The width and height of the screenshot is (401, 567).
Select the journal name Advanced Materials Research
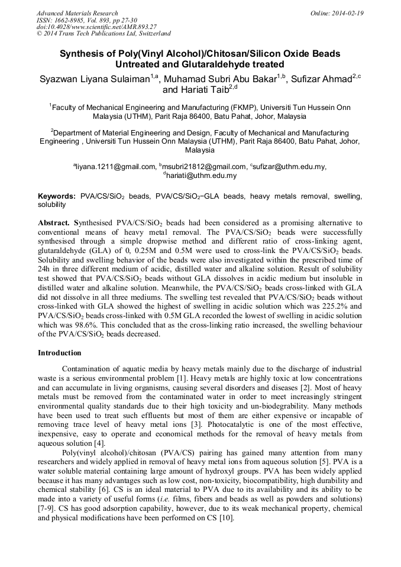(77, 13)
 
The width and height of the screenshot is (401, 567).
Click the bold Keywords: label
(57, 196)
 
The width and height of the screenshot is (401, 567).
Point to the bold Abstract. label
(54, 223)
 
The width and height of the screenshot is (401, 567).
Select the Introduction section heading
(60, 353)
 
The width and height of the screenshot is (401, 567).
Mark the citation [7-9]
(48, 509)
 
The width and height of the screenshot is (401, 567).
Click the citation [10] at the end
(227, 519)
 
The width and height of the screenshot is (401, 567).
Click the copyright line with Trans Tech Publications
(104, 34)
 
